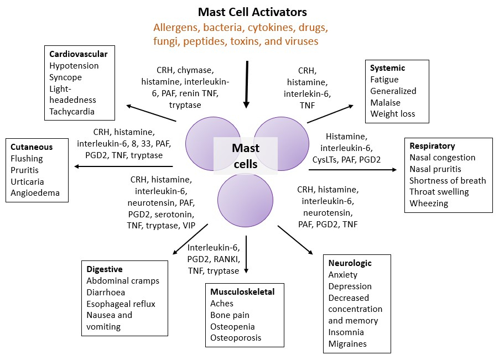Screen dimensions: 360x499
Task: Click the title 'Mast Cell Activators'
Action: click(x=252, y=12)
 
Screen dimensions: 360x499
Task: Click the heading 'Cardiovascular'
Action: click(x=78, y=54)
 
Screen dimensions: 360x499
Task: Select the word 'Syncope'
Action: click(x=66, y=77)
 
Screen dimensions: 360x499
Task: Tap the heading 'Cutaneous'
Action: click(x=32, y=147)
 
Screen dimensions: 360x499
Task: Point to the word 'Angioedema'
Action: click(x=35, y=193)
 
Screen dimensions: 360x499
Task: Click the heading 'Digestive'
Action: click(x=105, y=269)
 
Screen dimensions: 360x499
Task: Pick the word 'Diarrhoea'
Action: click(x=106, y=292)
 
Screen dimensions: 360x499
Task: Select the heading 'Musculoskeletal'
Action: click(x=242, y=291)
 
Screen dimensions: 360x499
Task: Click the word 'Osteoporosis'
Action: click(x=236, y=337)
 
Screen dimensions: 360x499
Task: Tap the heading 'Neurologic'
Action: click(x=350, y=263)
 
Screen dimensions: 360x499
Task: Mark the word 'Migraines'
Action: click(x=347, y=344)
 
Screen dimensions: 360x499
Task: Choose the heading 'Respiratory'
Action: click(x=432, y=146)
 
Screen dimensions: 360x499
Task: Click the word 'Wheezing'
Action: click(x=429, y=204)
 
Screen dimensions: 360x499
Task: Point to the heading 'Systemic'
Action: click(x=388, y=68)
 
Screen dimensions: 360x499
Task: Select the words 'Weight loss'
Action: click(x=393, y=114)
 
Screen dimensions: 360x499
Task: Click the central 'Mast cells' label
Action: click(x=246, y=156)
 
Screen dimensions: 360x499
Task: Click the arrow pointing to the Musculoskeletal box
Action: click(x=246, y=254)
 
